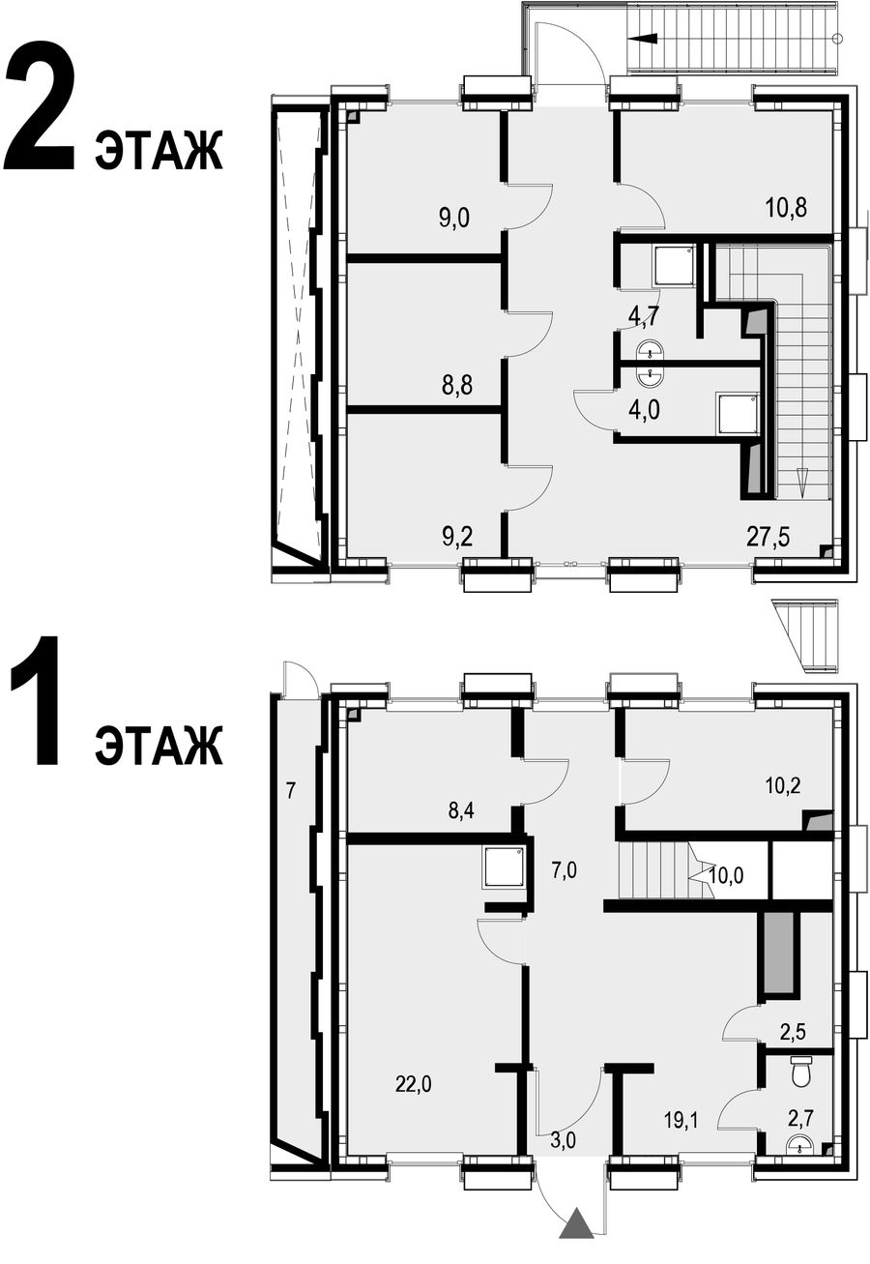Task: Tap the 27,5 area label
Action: [768, 537]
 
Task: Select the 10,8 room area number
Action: [787, 207]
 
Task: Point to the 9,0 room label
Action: [454, 218]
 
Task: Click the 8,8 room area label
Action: [457, 387]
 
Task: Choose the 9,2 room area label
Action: [457, 537]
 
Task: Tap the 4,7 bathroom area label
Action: [644, 317]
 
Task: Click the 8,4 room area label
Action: [461, 812]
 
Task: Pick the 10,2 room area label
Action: [784, 784]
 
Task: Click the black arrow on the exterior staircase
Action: [642, 39]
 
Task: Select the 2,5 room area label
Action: [792, 1032]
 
